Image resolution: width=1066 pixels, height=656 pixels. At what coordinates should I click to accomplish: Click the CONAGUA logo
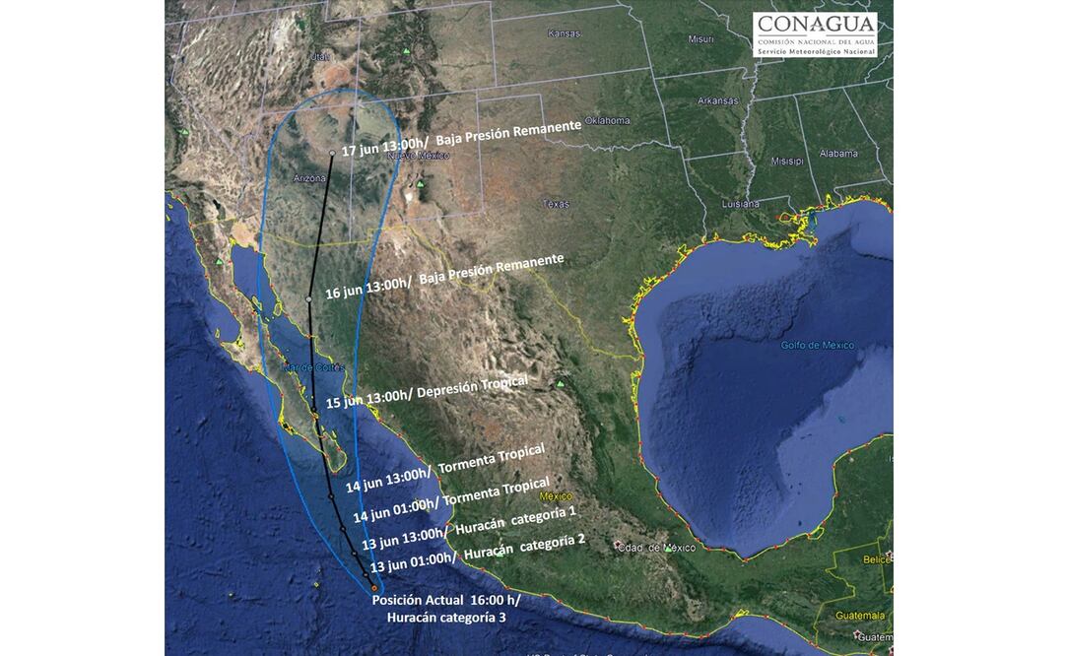tap(815, 34)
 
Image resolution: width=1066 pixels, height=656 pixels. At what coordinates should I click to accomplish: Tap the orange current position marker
tap(373, 588)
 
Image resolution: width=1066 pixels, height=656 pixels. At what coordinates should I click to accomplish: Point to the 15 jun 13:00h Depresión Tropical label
tap(427, 392)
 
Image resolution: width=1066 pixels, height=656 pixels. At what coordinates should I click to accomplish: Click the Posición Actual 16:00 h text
tap(445, 600)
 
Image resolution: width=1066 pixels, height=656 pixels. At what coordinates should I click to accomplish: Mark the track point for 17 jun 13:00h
tap(332, 153)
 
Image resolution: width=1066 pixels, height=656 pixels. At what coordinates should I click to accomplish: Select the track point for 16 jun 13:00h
tap(309, 298)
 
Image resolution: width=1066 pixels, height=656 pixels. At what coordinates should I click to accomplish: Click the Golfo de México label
tap(817, 345)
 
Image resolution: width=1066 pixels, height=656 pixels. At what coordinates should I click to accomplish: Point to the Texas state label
tap(556, 204)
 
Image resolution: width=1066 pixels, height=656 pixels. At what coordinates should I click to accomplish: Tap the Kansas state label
tap(565, 33)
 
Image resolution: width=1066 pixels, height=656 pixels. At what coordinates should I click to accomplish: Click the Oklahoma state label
tap(607, 120)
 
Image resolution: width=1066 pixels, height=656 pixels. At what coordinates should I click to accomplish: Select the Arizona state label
tap(309, 178)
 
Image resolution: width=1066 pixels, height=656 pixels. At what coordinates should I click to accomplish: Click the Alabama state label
tap(838, 154)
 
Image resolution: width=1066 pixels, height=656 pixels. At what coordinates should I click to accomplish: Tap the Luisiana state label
tap(740, 204)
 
